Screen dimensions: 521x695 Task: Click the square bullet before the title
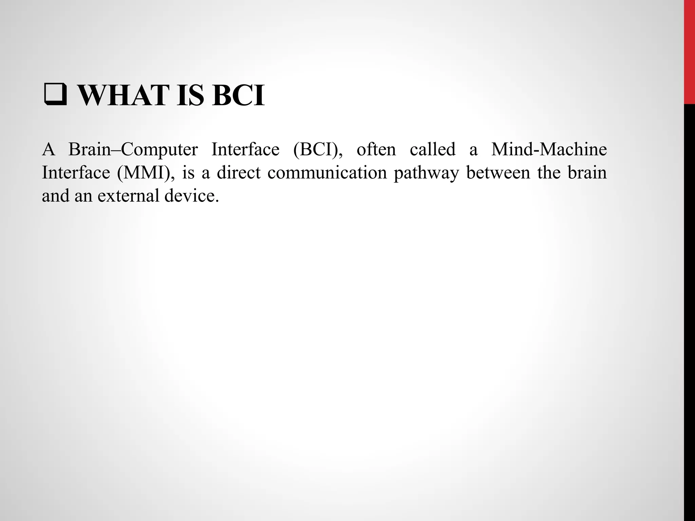tap(55, 96)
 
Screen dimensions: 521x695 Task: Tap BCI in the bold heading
tap(238, 96)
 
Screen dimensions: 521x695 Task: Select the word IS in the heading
tap(190, 96)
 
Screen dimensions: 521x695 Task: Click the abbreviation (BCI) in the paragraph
tap(318, 150)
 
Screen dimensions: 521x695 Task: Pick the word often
tap(376, 150)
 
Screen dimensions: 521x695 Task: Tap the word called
tap(432, 150)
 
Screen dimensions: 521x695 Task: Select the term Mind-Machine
tap(549, 150)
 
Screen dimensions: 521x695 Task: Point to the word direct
tap(239, 173)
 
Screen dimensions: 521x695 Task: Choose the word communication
tap(327, 173)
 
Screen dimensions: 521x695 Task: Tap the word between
tap(498, 173)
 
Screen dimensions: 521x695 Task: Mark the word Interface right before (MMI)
tap(76, 173)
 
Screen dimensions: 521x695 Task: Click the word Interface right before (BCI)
tap(245, 150)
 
